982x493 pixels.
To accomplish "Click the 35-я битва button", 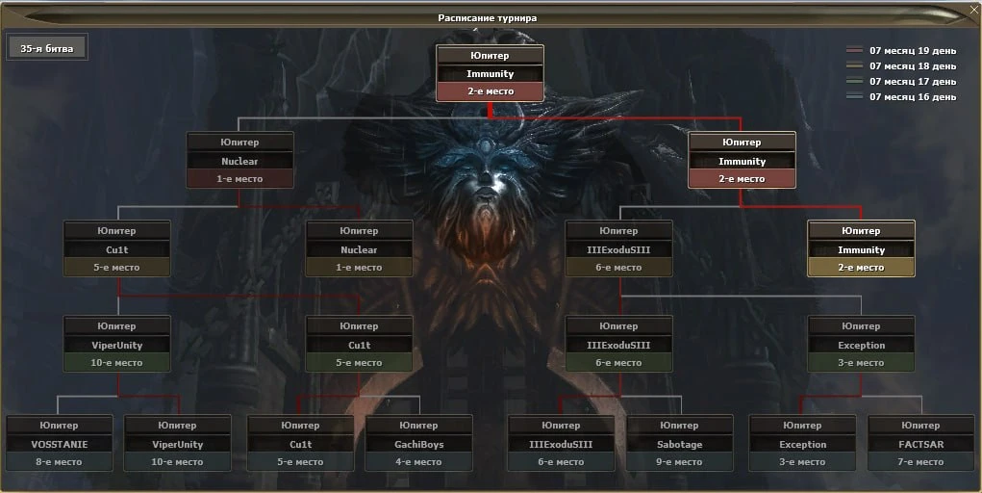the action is (47, 48).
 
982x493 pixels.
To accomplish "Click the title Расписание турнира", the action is (488, 18).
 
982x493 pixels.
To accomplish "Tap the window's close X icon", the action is (974, 9).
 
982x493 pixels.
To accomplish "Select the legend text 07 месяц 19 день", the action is (913, 50).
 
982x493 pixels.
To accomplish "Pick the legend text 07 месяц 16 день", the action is (913, 96).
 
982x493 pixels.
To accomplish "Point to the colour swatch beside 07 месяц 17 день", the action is (855, 81).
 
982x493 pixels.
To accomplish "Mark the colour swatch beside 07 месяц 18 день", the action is (855, 65).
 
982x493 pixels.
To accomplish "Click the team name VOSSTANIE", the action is (60, 444).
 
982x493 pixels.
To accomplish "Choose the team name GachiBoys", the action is (419, 444).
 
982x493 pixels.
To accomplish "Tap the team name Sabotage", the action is (679, 444).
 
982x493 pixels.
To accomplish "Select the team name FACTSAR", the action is (921, 444).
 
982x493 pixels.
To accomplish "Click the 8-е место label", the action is (60, 461).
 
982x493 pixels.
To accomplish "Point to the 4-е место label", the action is (419, 461).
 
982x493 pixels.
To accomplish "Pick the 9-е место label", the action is (679, 461).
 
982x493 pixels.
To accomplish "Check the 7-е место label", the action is (921, 461).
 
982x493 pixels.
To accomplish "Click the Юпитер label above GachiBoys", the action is (419, 426).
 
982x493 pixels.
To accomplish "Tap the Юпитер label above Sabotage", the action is (679, 426).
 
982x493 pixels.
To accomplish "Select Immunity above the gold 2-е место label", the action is (861, 249).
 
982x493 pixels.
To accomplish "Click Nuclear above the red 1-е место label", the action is (239, 161).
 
